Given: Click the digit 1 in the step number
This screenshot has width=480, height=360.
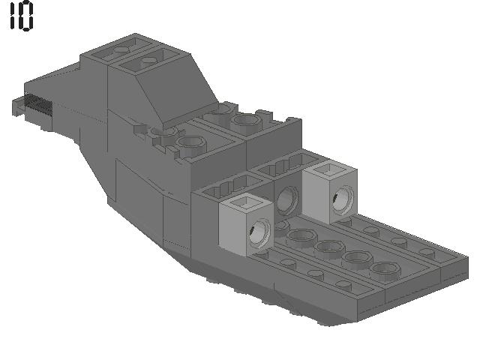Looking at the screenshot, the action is pyautogui.click(x=12, y=15).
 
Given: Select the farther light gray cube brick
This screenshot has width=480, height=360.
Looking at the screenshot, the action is pyautogui.click(x=330, y=192).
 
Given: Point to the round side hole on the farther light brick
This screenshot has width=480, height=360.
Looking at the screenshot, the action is pyautogui.click(x=343, y=200).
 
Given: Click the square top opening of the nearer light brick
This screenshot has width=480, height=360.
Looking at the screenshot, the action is pyautogui.click(x=247, y=202).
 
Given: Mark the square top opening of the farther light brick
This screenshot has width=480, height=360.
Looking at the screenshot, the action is pyautogui.click(x=330, y=169).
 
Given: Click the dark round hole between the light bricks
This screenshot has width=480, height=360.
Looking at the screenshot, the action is pyautogui.click(x=287, y=200).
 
